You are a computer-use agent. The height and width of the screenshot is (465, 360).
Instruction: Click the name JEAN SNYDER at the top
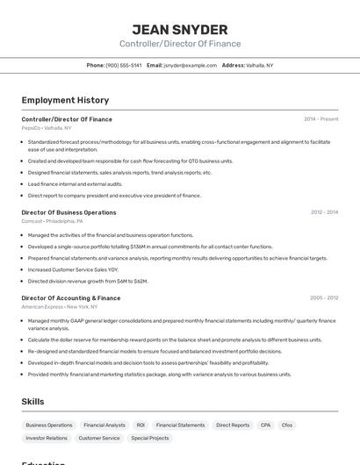(x=179, y=29)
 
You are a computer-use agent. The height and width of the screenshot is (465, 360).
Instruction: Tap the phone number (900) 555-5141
(x=124, y=65)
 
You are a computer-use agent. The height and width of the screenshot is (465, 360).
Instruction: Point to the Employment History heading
(x=65, y=100)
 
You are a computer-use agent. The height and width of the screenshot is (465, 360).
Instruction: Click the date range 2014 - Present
(x=320, y=118)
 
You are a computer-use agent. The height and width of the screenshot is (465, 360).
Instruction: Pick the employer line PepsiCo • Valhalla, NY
(x=47, y=128)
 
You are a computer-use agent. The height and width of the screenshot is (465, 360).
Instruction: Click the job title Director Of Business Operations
(x=68, y=212)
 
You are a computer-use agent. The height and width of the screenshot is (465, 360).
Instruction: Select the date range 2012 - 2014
(x=324, y=212)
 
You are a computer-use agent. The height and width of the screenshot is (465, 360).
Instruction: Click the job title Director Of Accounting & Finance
(x=71, y=297)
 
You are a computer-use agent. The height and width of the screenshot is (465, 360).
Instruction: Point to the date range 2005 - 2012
(x=324, y=297)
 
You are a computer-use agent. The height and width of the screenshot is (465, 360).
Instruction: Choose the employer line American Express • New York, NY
(x=60, y=307)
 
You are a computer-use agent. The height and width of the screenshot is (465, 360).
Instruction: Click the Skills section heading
(x=33, y=401)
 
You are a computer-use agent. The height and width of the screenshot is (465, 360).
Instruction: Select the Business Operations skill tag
(x=49, y=425)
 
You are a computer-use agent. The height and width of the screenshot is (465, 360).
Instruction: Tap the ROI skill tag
(x=140, y=425)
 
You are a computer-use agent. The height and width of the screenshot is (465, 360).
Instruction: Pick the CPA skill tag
(x=265, y=425)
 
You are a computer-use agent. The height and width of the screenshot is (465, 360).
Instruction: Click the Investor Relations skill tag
(x=47, y=438)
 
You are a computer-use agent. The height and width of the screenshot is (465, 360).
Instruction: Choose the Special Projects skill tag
(x=150, y=438)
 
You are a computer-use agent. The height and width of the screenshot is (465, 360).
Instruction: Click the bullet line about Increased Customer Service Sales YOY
(x=73, y=270)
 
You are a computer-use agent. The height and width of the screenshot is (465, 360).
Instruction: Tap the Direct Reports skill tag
(x=233, y=425)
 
